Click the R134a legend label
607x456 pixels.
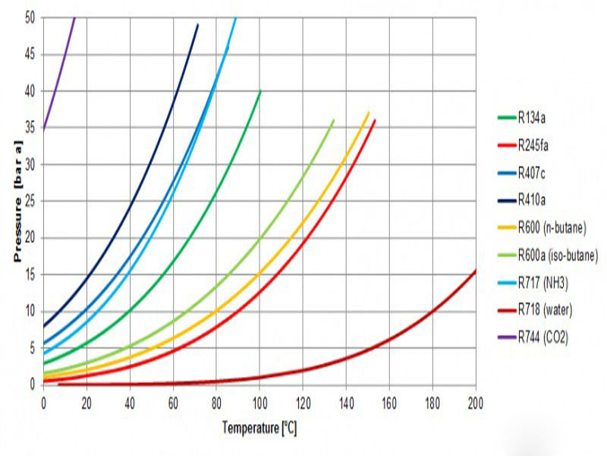point(535,118)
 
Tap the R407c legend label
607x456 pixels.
point(535,173)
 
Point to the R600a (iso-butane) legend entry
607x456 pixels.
point(558,256)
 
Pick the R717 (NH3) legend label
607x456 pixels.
point(545,283)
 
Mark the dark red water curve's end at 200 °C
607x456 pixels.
point(476,271)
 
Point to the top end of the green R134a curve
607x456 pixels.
point(260,91)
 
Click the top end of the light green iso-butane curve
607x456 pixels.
point(333,120)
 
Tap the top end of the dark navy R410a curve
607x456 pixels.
point(197,25)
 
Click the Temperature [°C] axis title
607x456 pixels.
point(259,429)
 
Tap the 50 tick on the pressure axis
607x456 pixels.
point(30,17)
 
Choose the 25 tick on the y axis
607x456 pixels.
point(30,201)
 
